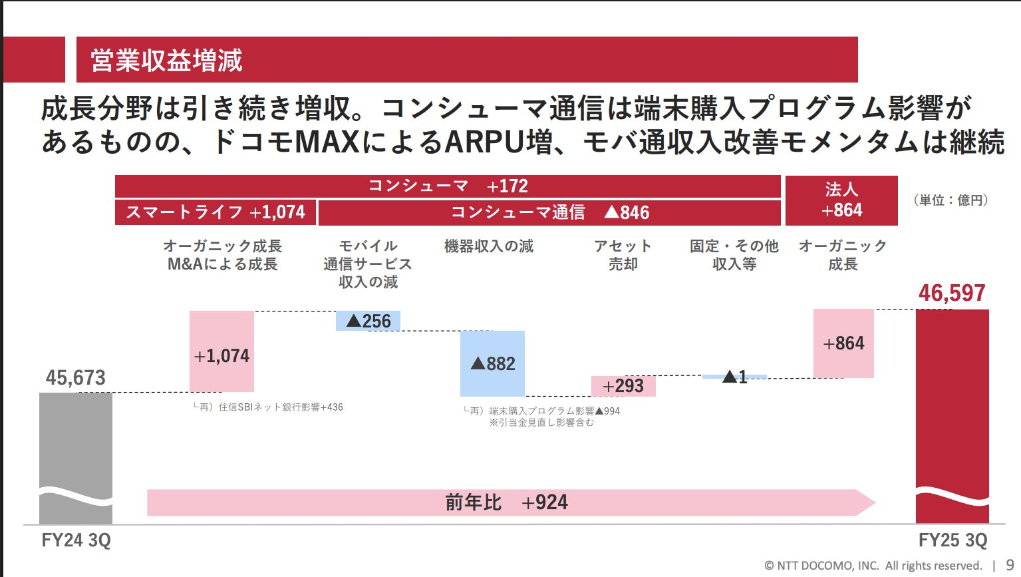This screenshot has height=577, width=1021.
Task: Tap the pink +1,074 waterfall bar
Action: pyautogui.click(x=221, y=351)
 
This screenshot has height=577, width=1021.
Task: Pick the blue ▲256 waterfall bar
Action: pyautogui.click(x=368, y=321)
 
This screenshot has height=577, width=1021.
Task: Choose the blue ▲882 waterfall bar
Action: pyautogui.click(x=492, y=363)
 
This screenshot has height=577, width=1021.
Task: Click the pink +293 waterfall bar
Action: pyautogui.click(x=623, y=386)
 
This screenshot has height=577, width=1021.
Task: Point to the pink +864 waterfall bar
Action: pyautogui.click(x=843, y=343)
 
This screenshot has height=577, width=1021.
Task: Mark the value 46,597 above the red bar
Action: pyautogui.click(x=952, y=293)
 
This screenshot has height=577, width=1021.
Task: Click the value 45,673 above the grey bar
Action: pyautogui.click(x=76, y=378)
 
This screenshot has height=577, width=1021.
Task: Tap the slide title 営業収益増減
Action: pyautogui.click(x=167, y=61)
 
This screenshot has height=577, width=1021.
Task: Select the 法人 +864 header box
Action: pyautogui.click(x=841, y=200)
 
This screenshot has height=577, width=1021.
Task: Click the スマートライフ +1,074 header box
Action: pyautogui.click(x=216, y=212)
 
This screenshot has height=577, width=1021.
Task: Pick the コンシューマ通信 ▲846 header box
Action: pyautogui.click(x=549, y=212)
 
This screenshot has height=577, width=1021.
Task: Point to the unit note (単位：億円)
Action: pyautogui.click(x=950, y=200)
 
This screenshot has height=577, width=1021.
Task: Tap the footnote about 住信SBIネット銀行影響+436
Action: pyautogui.click(x=268, y=407)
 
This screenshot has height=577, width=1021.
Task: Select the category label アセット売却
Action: pyautogui.click(x=623, y=255)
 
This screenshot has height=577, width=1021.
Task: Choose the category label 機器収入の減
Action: pyautogui.click(x=489, y=246)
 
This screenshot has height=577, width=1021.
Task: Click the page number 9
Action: pyautogui.click(x=1010, y=566)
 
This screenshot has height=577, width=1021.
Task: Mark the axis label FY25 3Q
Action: pyautogui.click(x=952, y=540)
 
